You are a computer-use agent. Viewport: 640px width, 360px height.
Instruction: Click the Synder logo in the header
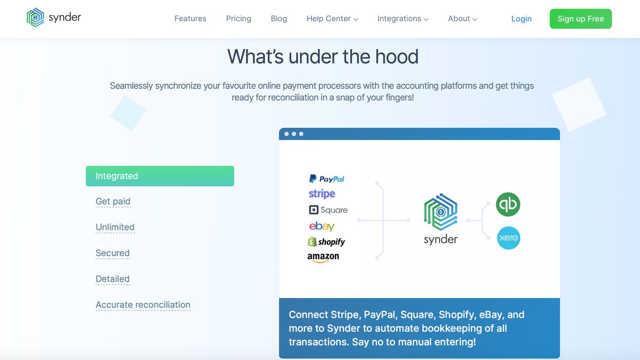coord(54,18)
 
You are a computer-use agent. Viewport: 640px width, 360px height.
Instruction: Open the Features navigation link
coord(190,19)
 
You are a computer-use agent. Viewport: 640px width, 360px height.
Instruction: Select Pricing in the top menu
coord(238,19)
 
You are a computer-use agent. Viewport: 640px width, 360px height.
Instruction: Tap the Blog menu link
coord(279,19)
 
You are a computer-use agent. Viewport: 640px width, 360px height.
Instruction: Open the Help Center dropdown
coord(332,19)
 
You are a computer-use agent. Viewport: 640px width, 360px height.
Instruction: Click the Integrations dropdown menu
coord(403,19)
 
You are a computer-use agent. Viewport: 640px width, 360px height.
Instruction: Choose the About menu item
coord(462,19)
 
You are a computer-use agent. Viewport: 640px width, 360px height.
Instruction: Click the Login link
coord(521,19)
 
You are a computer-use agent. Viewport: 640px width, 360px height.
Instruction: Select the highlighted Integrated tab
coord(159,176)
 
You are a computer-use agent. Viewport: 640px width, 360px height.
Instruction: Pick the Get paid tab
coord(113,202)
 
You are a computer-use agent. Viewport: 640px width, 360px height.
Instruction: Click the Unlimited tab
coord(115,227)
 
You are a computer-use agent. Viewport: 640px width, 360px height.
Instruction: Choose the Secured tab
coord(113,253)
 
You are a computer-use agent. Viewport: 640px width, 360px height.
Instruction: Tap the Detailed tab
coord(113,279)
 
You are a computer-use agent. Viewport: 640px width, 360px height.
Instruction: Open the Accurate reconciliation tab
coord(143,305)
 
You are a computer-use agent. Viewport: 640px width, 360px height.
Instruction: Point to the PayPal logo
coord(326,179)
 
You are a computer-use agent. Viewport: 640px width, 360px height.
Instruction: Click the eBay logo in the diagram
coord(322,226)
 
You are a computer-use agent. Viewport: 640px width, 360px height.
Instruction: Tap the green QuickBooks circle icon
coord(508,205)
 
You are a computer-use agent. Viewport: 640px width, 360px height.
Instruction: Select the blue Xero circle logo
coord(508,238)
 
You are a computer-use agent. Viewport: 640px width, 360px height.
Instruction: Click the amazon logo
coord(323,257)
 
